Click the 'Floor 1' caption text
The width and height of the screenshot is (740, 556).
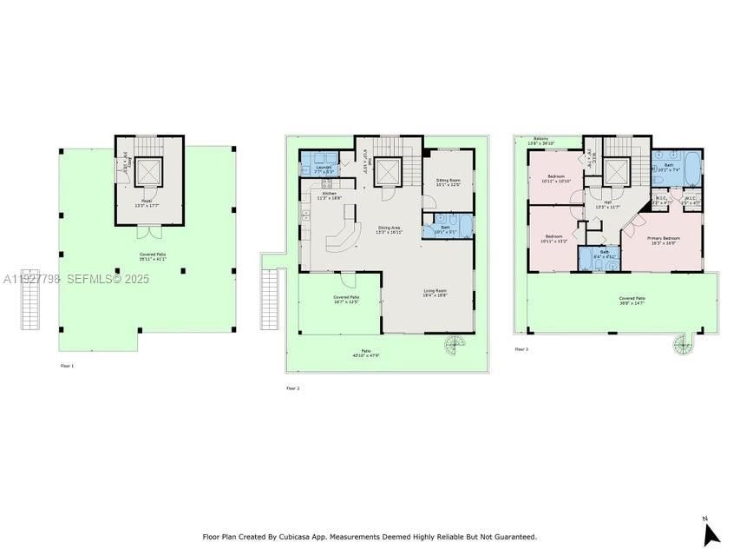(67, 366)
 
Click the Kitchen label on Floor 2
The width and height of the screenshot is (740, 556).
(329, 195)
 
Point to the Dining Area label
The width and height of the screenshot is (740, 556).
(388, 229)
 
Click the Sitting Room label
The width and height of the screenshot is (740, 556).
(449, 182)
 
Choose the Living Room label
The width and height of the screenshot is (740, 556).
(435, 293)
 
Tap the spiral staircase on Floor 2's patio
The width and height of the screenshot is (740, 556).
(455, 348)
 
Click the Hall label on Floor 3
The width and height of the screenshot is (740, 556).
(607, 204)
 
